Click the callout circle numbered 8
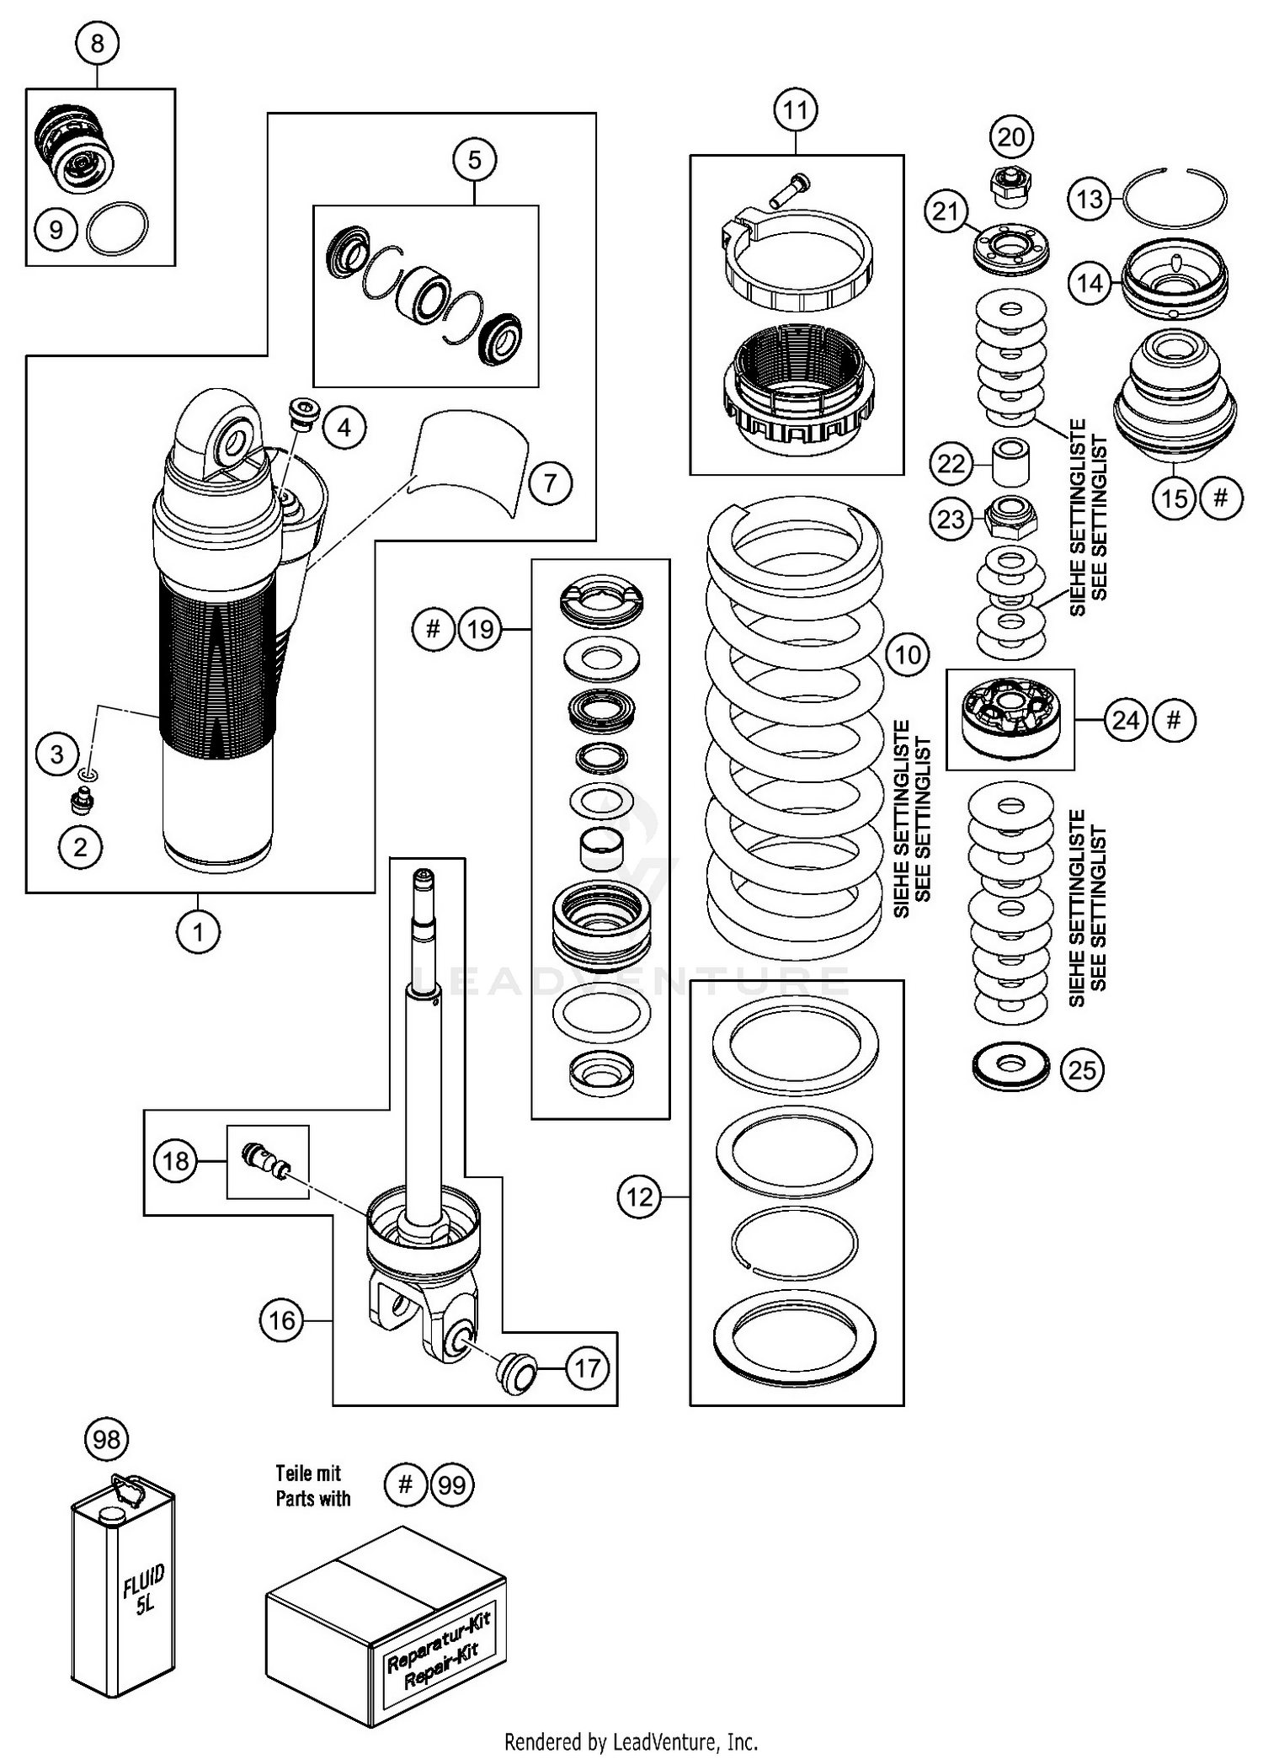pyautogui.click(x=97, y=43)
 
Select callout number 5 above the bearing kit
pyautogui.click(x=474, y=159)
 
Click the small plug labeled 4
pyautogui.click(x=304, y=413)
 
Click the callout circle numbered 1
pyautogui.click(x=199, y=932)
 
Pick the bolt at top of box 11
pyautogui.click(x=789, y=189)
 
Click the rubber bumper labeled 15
pyautogui.click(x=1175, y=396)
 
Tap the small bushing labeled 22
pyautogui.click(x=1010, y=461)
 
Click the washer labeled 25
pyautogui.click(x=1010, y=1069)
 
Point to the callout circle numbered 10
pyautogui.click(x=907, y=654)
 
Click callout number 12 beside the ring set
pyautogui.click(x=639, y=1196)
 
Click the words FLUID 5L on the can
pyautogui.click(x=144, y=1591)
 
